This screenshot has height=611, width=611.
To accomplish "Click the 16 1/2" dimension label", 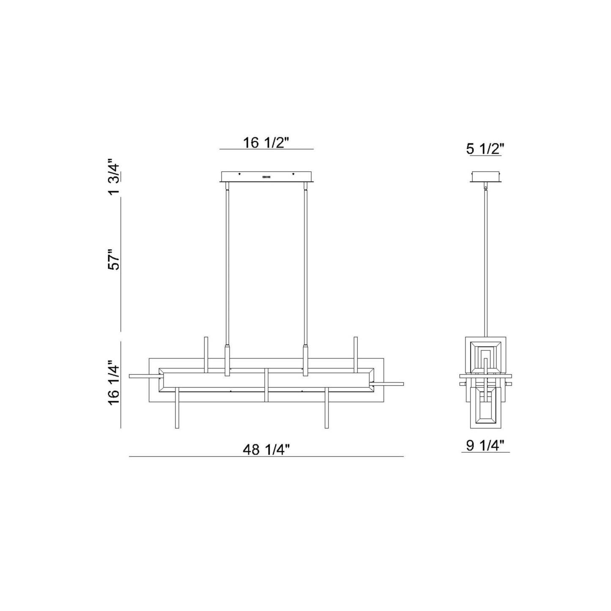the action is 266,143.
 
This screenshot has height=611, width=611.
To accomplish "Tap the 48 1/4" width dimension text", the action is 266,449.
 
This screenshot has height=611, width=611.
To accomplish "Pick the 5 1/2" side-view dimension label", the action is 485,149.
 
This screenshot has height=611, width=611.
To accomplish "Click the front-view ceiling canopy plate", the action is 267,177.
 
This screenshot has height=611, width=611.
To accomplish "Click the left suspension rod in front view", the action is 227,266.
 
